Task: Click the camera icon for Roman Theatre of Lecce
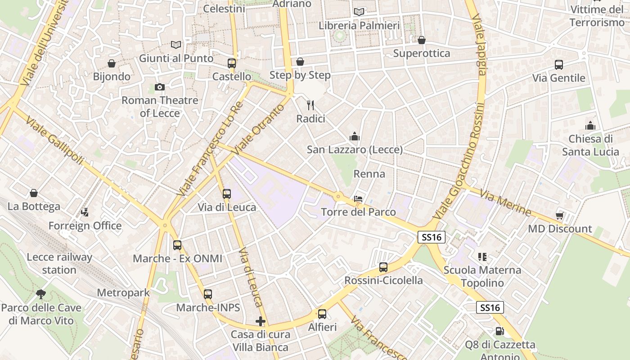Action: pyautogui.click(x=159, y=87)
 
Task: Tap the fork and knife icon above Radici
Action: pyautogui.click(x=310, y=105)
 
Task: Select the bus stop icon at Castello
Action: pyautogui.click(x=232, y=63)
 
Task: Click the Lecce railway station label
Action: pyautogui.click(x=59, y=264)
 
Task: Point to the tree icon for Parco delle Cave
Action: pyautogui.click(x=41, y=294)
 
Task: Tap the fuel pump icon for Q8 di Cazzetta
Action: pyautogui.click(x=499, y=331)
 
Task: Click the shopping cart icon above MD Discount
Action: pyautogui.click(x=560, y=215)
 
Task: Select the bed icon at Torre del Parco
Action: pyautogui.click(x=358, y=198)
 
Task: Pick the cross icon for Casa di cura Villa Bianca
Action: pyautogui.click(x=260, y=321)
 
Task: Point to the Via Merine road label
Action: pyautogui.click(x=505, y=202)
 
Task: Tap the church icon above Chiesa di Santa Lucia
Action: pyautogui.click(x=590, y=126)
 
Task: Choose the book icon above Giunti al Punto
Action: pyautogui.click(x=176, y=45)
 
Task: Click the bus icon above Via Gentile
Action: pyautogui.click(x=559, y=65)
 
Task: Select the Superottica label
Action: pyautogui.click(x=422, y=54)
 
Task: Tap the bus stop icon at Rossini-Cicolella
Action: pyautogui.click(x=383, y=267)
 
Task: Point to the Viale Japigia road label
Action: pyautogui.click(x=479, y=45)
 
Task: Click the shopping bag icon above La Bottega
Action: pyautogui.click(x=34, y=193)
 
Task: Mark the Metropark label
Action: pyautogui.click(x=123, y=293)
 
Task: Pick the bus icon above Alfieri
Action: pyautogui.click(x=322, y=314)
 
